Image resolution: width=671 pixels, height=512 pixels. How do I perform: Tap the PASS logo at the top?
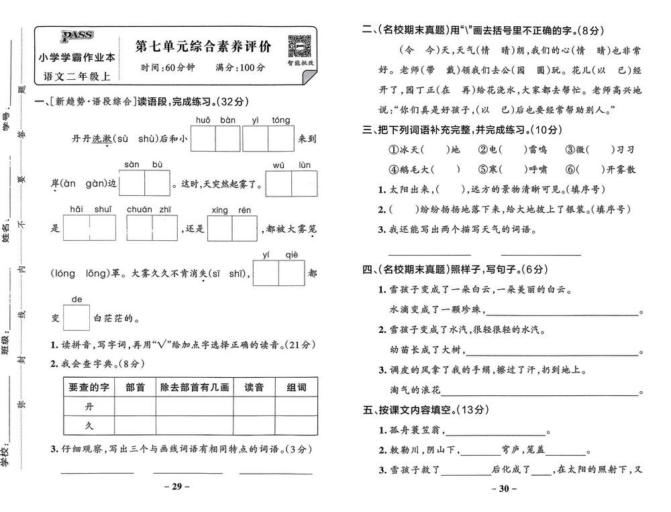[77, 36]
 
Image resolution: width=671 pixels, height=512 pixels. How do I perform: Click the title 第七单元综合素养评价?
[203, 46]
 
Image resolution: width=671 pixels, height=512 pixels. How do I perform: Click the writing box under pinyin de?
[76, 317]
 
